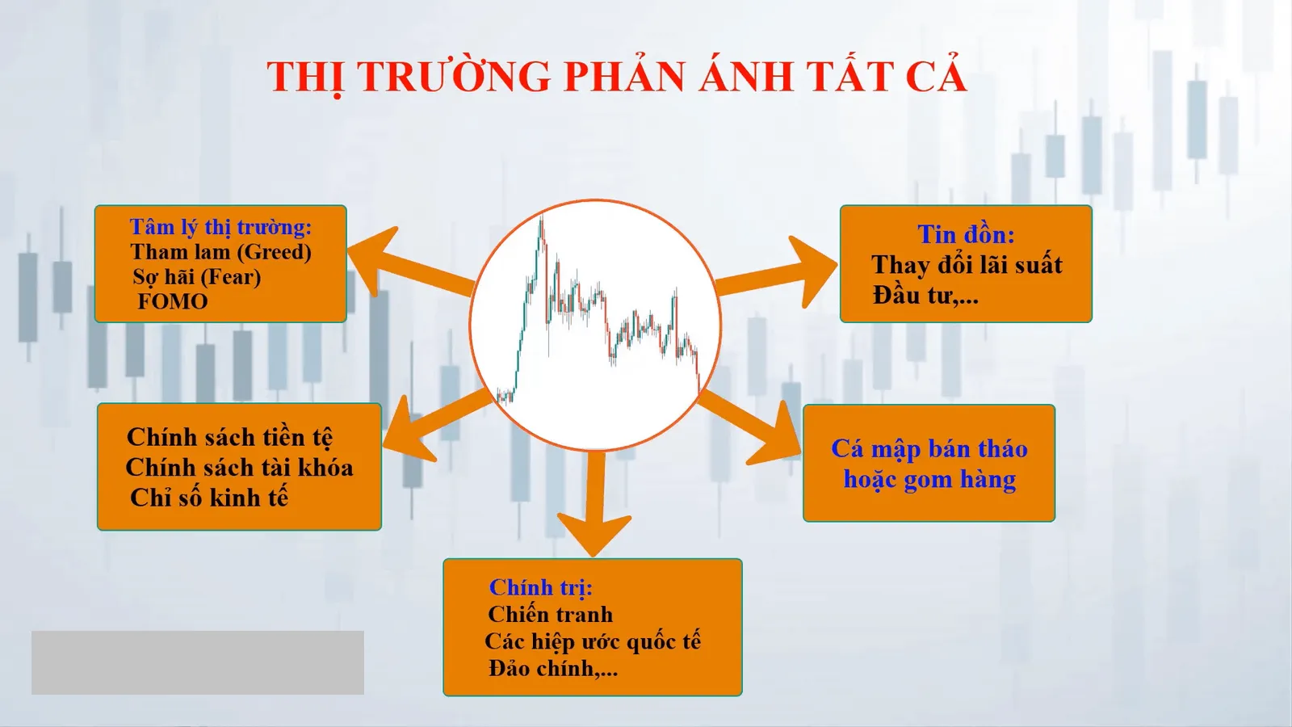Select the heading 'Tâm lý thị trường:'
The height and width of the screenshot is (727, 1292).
[x=220, y=227]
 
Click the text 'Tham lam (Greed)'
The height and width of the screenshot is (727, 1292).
[x=221, y=252]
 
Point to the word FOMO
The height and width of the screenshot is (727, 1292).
[x=173, y=302]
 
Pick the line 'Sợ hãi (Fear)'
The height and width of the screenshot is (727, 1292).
[x=197, y=278]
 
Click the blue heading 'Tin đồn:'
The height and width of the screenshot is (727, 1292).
[x=966, y=234]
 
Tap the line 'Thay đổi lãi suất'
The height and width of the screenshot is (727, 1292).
[x=967, y=265]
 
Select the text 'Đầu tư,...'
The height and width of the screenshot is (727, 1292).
[x=925, y=296]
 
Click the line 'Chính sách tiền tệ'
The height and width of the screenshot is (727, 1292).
[x=229, y=437]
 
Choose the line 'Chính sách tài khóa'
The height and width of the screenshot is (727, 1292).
[x=239, y=468]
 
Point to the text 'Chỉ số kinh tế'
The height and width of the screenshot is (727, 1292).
[x=209, y=498]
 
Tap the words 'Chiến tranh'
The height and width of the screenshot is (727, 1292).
[x=550, y=615]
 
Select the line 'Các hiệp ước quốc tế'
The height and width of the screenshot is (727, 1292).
[x=593, y=641]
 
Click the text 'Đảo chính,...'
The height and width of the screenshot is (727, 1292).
[x=553, y=668]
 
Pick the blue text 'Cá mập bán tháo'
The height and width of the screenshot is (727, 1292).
[x=929, y=449]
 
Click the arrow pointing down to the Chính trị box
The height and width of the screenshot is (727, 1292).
[x=594, y=504]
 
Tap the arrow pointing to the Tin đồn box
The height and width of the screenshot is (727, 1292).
[x=776, y=272]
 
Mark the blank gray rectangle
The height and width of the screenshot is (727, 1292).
[x=198, y=662]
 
